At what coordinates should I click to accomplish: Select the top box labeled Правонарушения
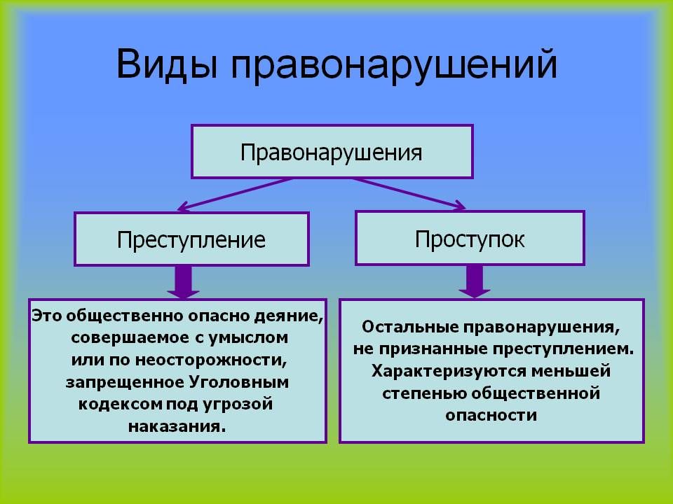[x=332, y=151]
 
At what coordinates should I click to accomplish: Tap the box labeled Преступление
[x=191, y=239]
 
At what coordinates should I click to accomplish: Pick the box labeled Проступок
[x=470, y=239]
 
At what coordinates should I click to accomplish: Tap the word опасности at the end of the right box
[x=491, y=414]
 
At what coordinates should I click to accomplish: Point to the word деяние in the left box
[x=294, y=316]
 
